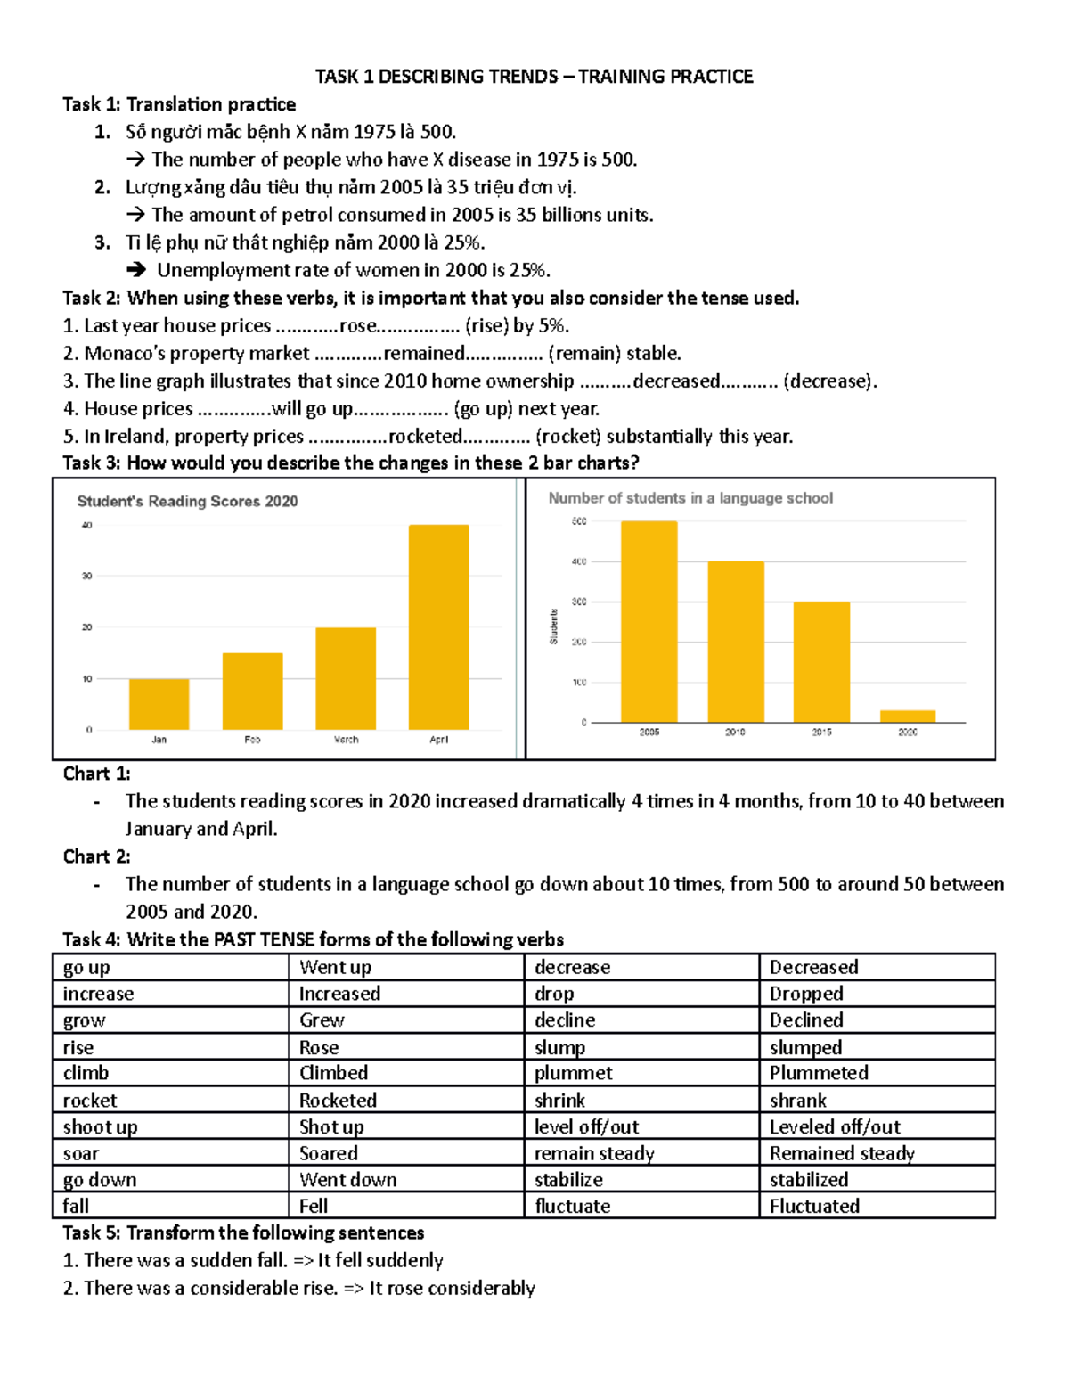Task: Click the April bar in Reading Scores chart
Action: click(438, 627)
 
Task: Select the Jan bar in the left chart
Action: click(159, 704)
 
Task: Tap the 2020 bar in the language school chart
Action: click(908, 716)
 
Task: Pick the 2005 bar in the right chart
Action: click(649, 621)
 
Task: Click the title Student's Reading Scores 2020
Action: click(187, 502)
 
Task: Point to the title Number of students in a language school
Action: click(690, 498)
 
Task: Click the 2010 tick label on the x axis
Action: click(735, 732)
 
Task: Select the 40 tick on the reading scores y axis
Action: click(87, 525)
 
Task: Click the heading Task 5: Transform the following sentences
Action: click(243, 1232)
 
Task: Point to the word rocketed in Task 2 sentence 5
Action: click(425, 436)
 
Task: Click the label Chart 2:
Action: click(96, 856)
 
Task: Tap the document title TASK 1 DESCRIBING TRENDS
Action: click(534, 77)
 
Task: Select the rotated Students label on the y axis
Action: click(553, 626)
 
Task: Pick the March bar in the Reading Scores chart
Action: click(346, 678)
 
